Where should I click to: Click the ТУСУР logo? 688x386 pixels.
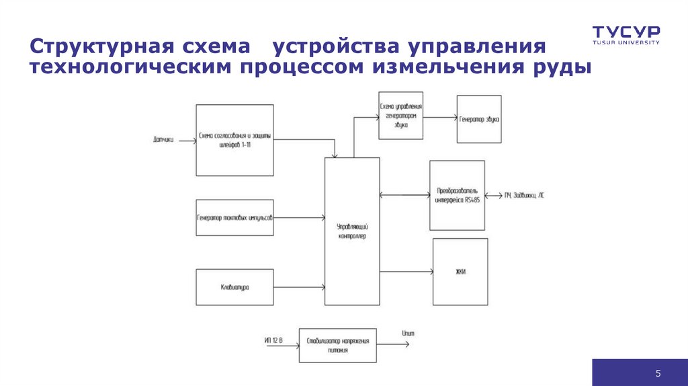tap(626, 34)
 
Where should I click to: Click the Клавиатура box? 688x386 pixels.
tap(234, 287)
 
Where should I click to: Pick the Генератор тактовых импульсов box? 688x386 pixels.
tap(234, 217)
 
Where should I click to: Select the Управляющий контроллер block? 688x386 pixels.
tap(352, 232)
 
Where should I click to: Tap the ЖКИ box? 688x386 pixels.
tap(460, 272)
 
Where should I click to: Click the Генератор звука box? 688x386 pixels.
tap(479, 119)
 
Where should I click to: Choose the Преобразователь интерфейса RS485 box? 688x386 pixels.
tap(458, 195)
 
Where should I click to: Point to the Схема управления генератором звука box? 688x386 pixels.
tap(400, 116)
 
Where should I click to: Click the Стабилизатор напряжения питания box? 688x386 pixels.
tap(338, 345)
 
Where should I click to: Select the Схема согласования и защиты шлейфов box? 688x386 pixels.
tap(234, 140)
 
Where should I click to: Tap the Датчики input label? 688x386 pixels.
tap(163, 141)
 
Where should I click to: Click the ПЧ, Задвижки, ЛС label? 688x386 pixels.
tap(525, 196)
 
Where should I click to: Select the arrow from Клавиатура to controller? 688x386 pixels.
tap(299, 287)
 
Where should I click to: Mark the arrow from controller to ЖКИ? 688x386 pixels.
tap(406, 272)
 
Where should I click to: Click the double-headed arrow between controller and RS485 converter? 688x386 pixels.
tap(404, 195)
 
